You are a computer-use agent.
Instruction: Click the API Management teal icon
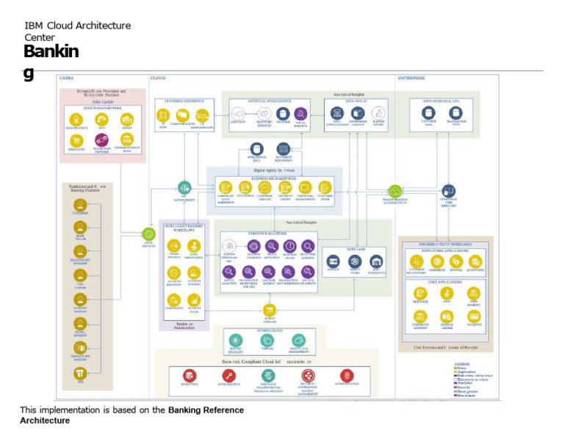(x=184, y=188)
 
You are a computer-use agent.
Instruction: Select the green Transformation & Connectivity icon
(x=396, y=192)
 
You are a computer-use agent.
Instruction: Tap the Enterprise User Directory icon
(x=449, y=191)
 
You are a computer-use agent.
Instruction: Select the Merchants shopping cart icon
(x=76, y=139)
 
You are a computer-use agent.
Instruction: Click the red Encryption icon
(x=189, y=375)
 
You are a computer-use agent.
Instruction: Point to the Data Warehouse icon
(x=377, y=261)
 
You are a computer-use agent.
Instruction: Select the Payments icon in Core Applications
(x=474, y=316)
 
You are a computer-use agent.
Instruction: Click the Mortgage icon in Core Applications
(x=421, y=293)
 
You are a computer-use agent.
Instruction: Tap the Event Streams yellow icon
(x=270, y=310)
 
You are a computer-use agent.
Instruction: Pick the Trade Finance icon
(x=175, y=245)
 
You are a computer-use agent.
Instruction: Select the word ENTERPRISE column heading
(x=411, y=77)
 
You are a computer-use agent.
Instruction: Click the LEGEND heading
(x=462, y=365)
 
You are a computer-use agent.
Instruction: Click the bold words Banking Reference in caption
(x=203, y=410)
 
